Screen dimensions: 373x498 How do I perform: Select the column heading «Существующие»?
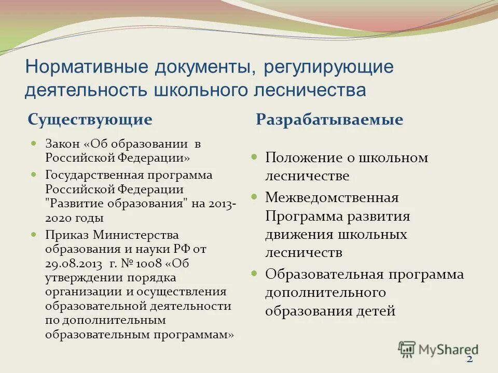click(90, 120)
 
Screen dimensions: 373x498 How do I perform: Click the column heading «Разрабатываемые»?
click(329, 120)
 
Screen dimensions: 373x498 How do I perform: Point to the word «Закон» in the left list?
click(62, 144)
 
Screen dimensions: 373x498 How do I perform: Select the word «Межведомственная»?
click(332, 197)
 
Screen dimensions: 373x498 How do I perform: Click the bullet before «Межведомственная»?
click(254, 196)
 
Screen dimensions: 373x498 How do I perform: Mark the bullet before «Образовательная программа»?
click(254, 273)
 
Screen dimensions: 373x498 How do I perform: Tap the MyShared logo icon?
click(407, 349)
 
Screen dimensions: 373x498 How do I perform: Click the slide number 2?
click(470, 360)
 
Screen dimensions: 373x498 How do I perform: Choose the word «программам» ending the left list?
click(192, 335)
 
